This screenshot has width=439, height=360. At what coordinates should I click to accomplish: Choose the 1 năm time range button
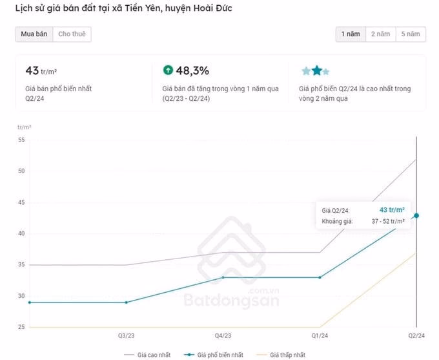(349, 34)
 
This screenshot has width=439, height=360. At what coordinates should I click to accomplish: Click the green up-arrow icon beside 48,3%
(168, 70)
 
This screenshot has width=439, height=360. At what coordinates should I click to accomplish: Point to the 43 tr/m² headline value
(41, 70)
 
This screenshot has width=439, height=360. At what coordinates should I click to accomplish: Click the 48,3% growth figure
(192, 70)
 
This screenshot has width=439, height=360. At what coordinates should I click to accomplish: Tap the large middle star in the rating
(316, 70)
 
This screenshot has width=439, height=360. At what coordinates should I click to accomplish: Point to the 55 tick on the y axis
(21, 140)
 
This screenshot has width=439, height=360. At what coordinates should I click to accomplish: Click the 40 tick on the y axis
(21, 233)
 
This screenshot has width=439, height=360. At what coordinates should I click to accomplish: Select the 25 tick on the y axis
(21, 327)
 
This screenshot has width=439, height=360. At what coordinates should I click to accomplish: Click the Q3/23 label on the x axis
(126, 335)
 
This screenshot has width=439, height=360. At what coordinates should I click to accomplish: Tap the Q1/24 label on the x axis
(320, 335)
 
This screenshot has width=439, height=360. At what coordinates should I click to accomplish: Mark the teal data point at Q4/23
(223, 277)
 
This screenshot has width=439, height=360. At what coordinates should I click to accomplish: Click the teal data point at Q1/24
(320, 277)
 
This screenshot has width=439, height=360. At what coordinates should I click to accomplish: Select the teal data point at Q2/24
(416, 215)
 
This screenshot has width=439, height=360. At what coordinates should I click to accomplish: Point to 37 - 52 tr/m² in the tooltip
(387, 222)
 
